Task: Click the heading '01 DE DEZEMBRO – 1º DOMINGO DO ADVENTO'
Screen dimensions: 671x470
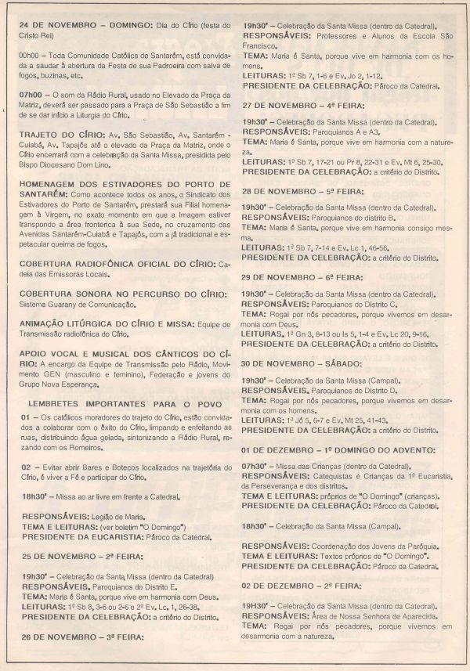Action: tap(338, 450)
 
